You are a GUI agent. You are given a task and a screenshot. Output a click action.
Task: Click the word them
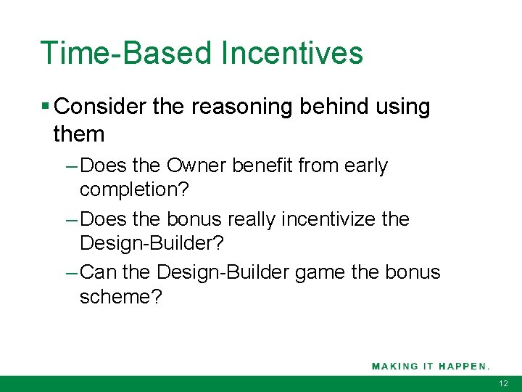coord(79,134)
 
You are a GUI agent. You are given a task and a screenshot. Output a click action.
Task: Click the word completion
coord(133,189)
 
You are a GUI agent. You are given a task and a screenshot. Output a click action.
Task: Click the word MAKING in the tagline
coord(395,366)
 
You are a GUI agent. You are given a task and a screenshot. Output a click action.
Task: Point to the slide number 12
coord(504,383)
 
